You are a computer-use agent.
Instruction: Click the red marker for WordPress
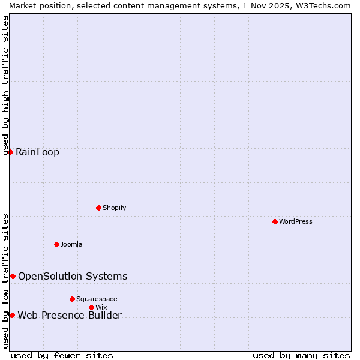point(275,221)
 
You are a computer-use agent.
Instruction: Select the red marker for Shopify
point(98,208)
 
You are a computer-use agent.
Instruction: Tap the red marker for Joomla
point(56,244)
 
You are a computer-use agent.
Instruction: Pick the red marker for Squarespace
point(72,299)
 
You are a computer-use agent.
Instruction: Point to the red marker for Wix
point(91,307)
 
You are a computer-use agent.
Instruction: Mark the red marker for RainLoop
point(10,152)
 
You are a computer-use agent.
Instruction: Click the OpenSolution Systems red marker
point(13,276)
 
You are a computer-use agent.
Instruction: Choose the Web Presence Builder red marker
point(12,315)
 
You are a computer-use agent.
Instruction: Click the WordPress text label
point(296,221)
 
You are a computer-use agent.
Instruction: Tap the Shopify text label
point(114,208)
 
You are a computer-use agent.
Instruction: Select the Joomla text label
point(71,244)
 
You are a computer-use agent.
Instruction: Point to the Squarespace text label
point(97,299)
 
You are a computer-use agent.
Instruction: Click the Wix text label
point(101,307)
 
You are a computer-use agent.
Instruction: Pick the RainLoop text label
point(37,152)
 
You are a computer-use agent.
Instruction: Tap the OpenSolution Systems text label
point(73,276)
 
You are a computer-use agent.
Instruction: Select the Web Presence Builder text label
point(70,315)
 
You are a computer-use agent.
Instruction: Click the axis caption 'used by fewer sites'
point(62,355)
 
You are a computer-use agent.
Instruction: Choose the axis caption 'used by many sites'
point(301,355)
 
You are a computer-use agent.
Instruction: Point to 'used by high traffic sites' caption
point(5,85)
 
